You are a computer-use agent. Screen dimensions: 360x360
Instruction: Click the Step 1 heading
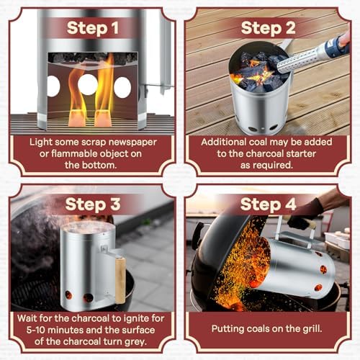[x=93, y=28]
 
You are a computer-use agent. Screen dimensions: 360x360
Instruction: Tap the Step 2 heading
[x=268, y=28]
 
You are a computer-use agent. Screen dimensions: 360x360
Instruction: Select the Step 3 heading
[x=93, y=204]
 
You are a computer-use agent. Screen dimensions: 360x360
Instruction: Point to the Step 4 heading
[x=268, y=204]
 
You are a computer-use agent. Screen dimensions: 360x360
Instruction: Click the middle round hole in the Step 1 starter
[x=88, y=85]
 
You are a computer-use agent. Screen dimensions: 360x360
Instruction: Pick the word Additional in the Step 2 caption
[x=228, y=142]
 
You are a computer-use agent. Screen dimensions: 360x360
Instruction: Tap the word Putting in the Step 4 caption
[x=230, y=328]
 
